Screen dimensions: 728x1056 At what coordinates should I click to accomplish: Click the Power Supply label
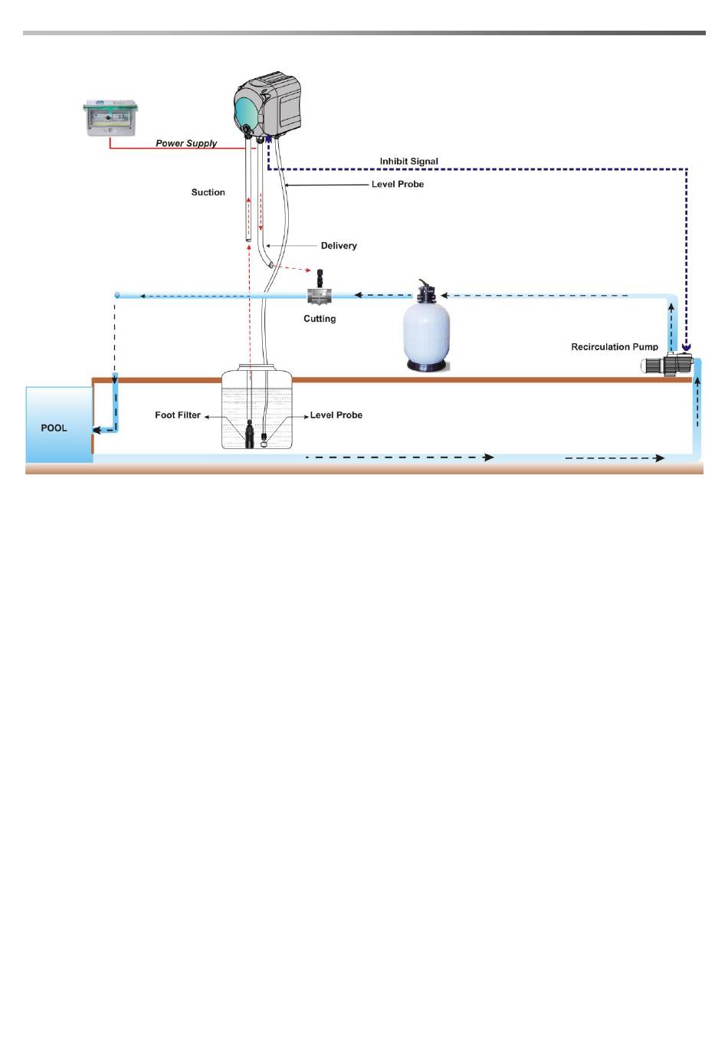coord(186,143)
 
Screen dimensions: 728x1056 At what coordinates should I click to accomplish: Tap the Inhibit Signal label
coord(408,161)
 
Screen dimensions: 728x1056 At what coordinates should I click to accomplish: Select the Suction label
coord(208,192)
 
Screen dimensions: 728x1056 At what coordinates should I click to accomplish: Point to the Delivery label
coord(339,246)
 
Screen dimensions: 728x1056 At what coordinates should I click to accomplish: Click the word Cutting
coord(320,319)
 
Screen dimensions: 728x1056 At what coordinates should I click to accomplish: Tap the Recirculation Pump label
coord(615,347)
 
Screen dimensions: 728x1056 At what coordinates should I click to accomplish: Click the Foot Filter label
coord(178,415)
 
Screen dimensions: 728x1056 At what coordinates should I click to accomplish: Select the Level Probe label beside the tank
coord(336,415)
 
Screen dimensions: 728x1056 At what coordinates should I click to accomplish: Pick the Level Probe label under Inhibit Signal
coord(398,185)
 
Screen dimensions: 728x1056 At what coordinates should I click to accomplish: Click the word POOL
coord(54,428)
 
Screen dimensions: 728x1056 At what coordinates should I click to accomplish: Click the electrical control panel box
coord(110,118)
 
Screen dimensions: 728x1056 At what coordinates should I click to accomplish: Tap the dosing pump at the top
coord(267,107)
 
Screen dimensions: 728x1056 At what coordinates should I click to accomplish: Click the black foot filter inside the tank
coord(249,434)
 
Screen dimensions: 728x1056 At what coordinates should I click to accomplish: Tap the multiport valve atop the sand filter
coord(426,292)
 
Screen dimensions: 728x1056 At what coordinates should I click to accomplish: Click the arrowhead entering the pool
coord(97,431)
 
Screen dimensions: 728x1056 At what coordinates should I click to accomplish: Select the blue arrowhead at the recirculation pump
coord(687,347)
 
